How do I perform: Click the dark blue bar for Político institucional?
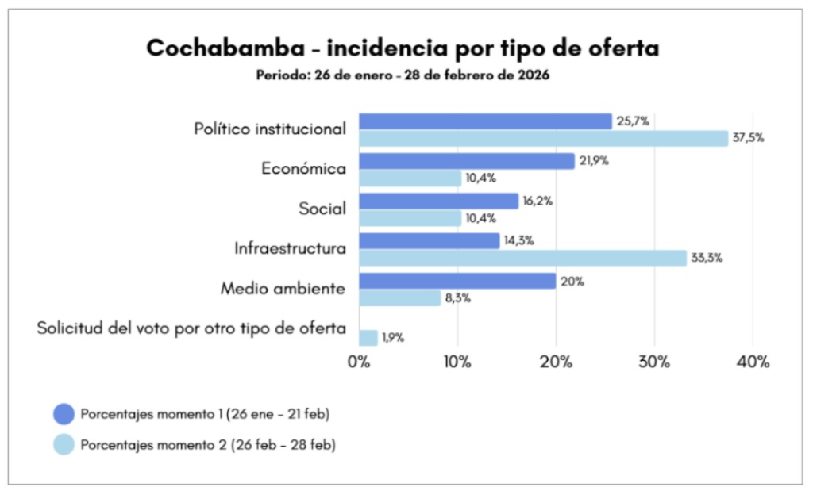tap(485, 121)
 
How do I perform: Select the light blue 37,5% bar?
tap(543, 139)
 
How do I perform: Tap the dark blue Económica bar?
tap(466, 161)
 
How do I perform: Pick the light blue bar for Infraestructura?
tap(522, 258)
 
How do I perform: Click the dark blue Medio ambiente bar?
tap(457, 281)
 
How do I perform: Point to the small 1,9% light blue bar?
tap(368, 338)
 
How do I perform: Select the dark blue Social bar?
tap(438, 201)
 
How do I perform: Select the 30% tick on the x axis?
tap(654, 362)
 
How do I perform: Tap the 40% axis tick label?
tap(753, 362)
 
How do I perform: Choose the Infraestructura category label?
tap(290, 248)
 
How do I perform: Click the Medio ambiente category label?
tap(283, 289)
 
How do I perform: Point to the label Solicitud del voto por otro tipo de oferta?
tap(191, 328)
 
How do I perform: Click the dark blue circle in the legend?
tap(64, 414)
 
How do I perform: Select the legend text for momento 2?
tap(208, 446)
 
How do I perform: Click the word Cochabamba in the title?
tap(223, 49)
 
